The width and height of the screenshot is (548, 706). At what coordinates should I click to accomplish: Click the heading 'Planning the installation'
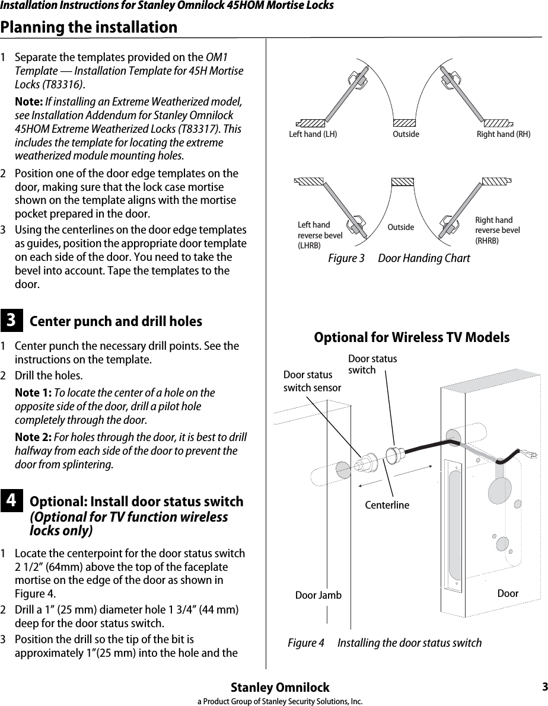[89, 27]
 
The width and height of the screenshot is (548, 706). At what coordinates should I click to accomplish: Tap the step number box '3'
[11, 320]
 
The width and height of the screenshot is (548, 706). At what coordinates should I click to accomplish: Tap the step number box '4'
[11, 501]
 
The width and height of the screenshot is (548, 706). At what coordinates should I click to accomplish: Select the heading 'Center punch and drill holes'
[116, 321]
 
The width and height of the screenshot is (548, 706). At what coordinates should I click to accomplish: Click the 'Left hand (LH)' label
[313, 134]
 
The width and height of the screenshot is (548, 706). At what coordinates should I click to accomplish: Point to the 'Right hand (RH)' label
[504, 134]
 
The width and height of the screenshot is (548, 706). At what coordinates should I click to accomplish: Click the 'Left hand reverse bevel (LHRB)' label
[320, 235]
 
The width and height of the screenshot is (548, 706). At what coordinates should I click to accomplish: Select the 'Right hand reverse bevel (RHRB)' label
[498, 230]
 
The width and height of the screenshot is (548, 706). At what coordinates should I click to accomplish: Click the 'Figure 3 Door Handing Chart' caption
[399, 258]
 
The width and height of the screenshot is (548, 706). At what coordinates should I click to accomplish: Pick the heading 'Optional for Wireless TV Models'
[412, 337]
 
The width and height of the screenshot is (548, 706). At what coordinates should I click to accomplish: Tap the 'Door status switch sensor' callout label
[312, 381]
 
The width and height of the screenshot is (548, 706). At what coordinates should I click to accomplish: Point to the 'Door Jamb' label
[318, 595]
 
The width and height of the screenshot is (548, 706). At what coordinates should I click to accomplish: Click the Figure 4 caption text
[384, 643]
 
